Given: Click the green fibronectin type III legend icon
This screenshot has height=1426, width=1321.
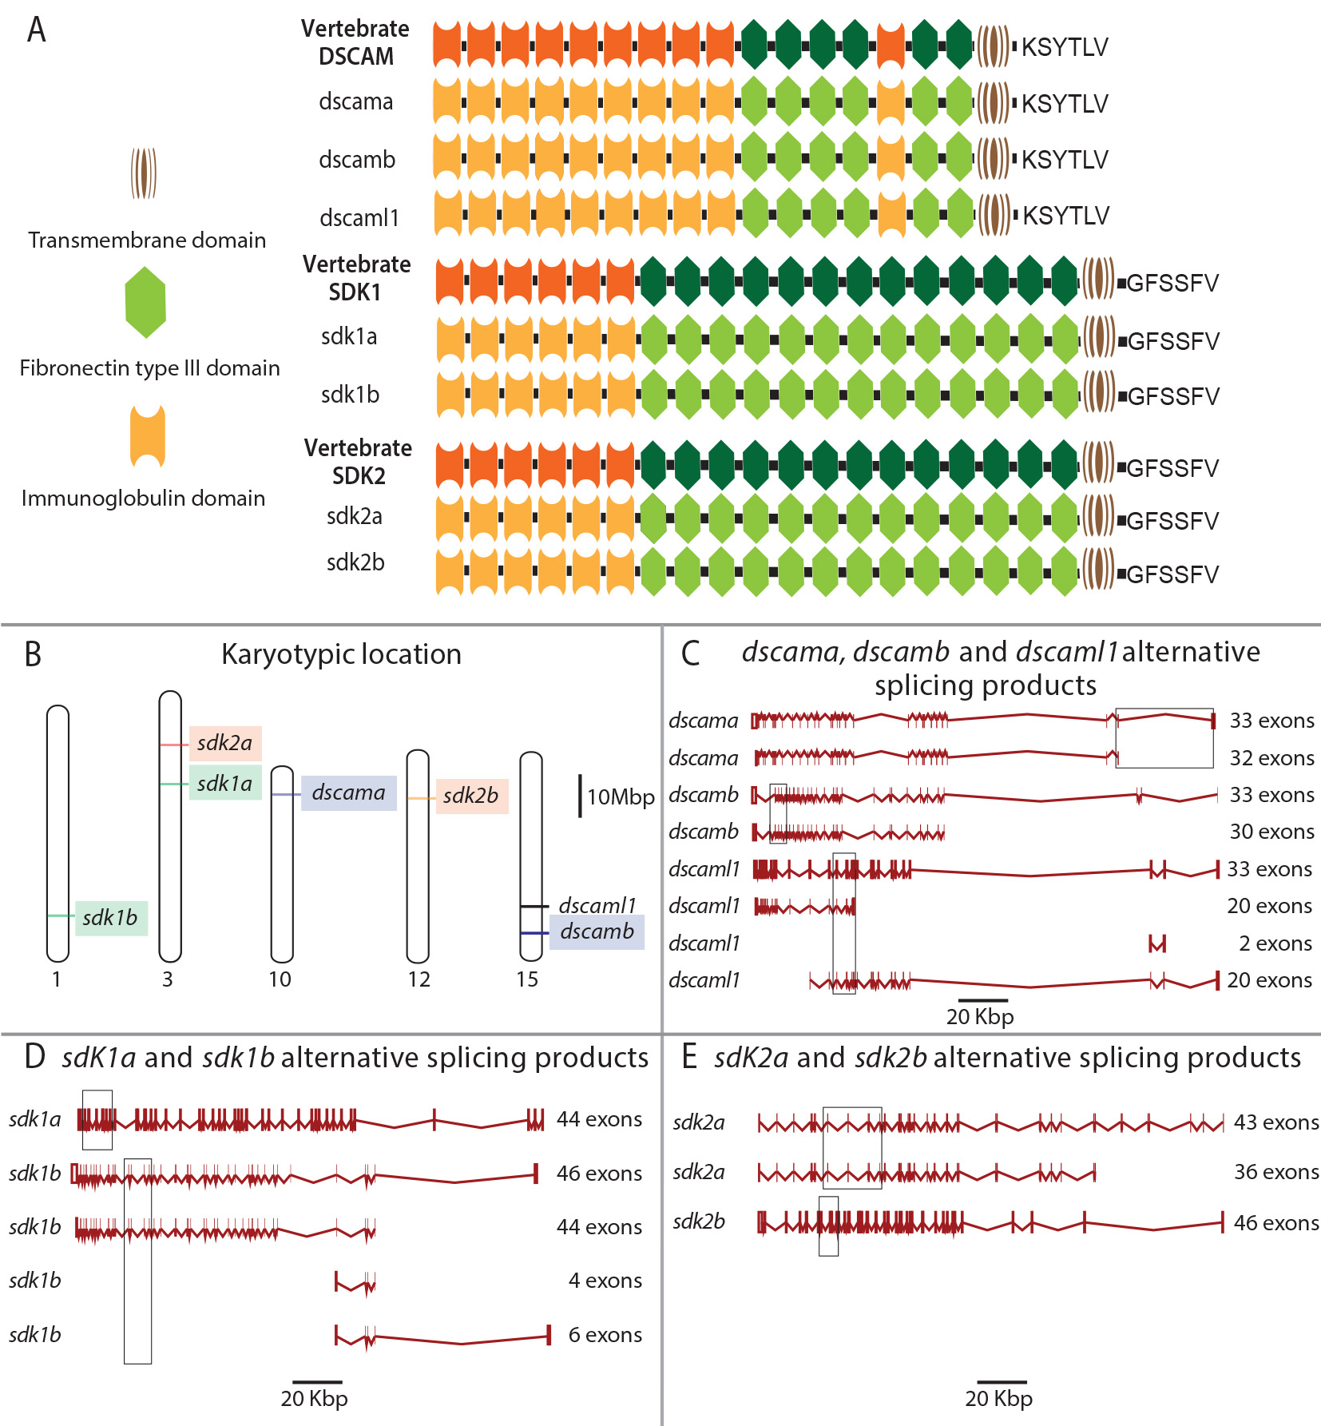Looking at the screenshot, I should pyautogui.click(x=145, y=303).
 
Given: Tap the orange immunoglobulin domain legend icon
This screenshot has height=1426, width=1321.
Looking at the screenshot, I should pyautogui.click(x=148, y=436).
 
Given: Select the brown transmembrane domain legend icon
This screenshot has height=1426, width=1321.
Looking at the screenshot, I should pyautogui.click(x=144, y=173).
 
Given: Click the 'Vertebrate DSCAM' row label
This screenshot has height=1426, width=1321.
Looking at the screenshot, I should pyautogui.click(x=355, y=42).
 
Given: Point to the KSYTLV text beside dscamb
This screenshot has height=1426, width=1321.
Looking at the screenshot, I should pyautogui.click(x=1065, y=160).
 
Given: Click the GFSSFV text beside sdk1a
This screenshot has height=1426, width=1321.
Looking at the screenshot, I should pyautogui.click(x=1172, y=341).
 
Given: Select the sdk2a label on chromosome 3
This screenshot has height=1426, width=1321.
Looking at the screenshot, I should pyautogui.click(x=224, y=743).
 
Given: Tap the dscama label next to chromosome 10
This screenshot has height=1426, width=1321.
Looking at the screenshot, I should pyautogui.click(x=348, y=792).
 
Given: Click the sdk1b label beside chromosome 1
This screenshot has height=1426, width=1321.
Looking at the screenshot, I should pyautogui.click(x=110, y=917).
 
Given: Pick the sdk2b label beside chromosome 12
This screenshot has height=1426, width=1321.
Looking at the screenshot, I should pyautogui.click(x=470, y=796).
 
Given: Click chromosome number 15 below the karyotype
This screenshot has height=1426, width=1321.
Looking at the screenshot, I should pyautogui.click(x=527, y=979).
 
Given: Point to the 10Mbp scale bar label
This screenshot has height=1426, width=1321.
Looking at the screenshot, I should pyautogui.click(x=621, y=796).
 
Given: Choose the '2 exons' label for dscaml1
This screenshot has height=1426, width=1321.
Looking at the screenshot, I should pyautogui.click(x=1275, y=943).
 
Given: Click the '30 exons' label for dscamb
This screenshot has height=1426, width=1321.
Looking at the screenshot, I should pyautogui.click(x=1271, y=832).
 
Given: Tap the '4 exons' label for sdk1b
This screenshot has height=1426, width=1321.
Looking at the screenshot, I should pyautogui.click(x=605, y=1281).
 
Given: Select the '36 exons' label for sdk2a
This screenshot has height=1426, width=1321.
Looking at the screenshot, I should pyautogui.click(x=1276, y=1172).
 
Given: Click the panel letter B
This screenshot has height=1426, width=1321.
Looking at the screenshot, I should pyautogui.click(x=33, y=654).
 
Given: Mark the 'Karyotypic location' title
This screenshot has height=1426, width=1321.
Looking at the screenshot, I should pyautogui.click(x=341, y=654).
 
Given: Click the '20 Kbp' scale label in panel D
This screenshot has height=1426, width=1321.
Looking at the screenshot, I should pyautogui.click(x=314, y=1398).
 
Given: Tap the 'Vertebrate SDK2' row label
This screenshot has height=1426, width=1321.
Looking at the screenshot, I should pyautogui.click(x=358, y=462).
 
